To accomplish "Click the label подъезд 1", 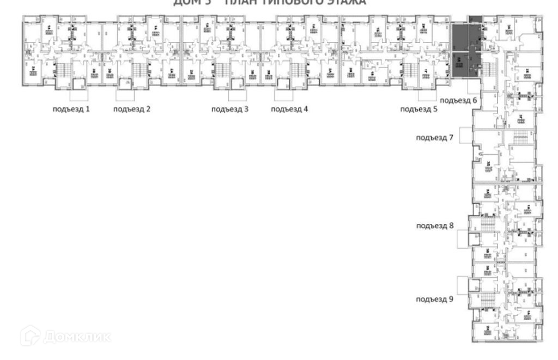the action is pyautogui.click(x=71, y=109).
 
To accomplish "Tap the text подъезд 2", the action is pyautogui.click(x=132, y=109).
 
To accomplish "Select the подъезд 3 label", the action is pyautogui.click(x=230, y=109).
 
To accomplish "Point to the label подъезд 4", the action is pyautogui.click(x=289, y=109).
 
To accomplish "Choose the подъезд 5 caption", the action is pyautogui.click(x=418, y=109).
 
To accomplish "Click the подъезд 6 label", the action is pyautogui.click(x=458, y=101).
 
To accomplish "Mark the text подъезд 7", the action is pyautogui.click(x=434, y=137).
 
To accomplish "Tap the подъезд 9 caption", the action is pyautogui.click(x=434, y=300).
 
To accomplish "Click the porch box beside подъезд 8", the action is pyautogui.click(x=462, y=238).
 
